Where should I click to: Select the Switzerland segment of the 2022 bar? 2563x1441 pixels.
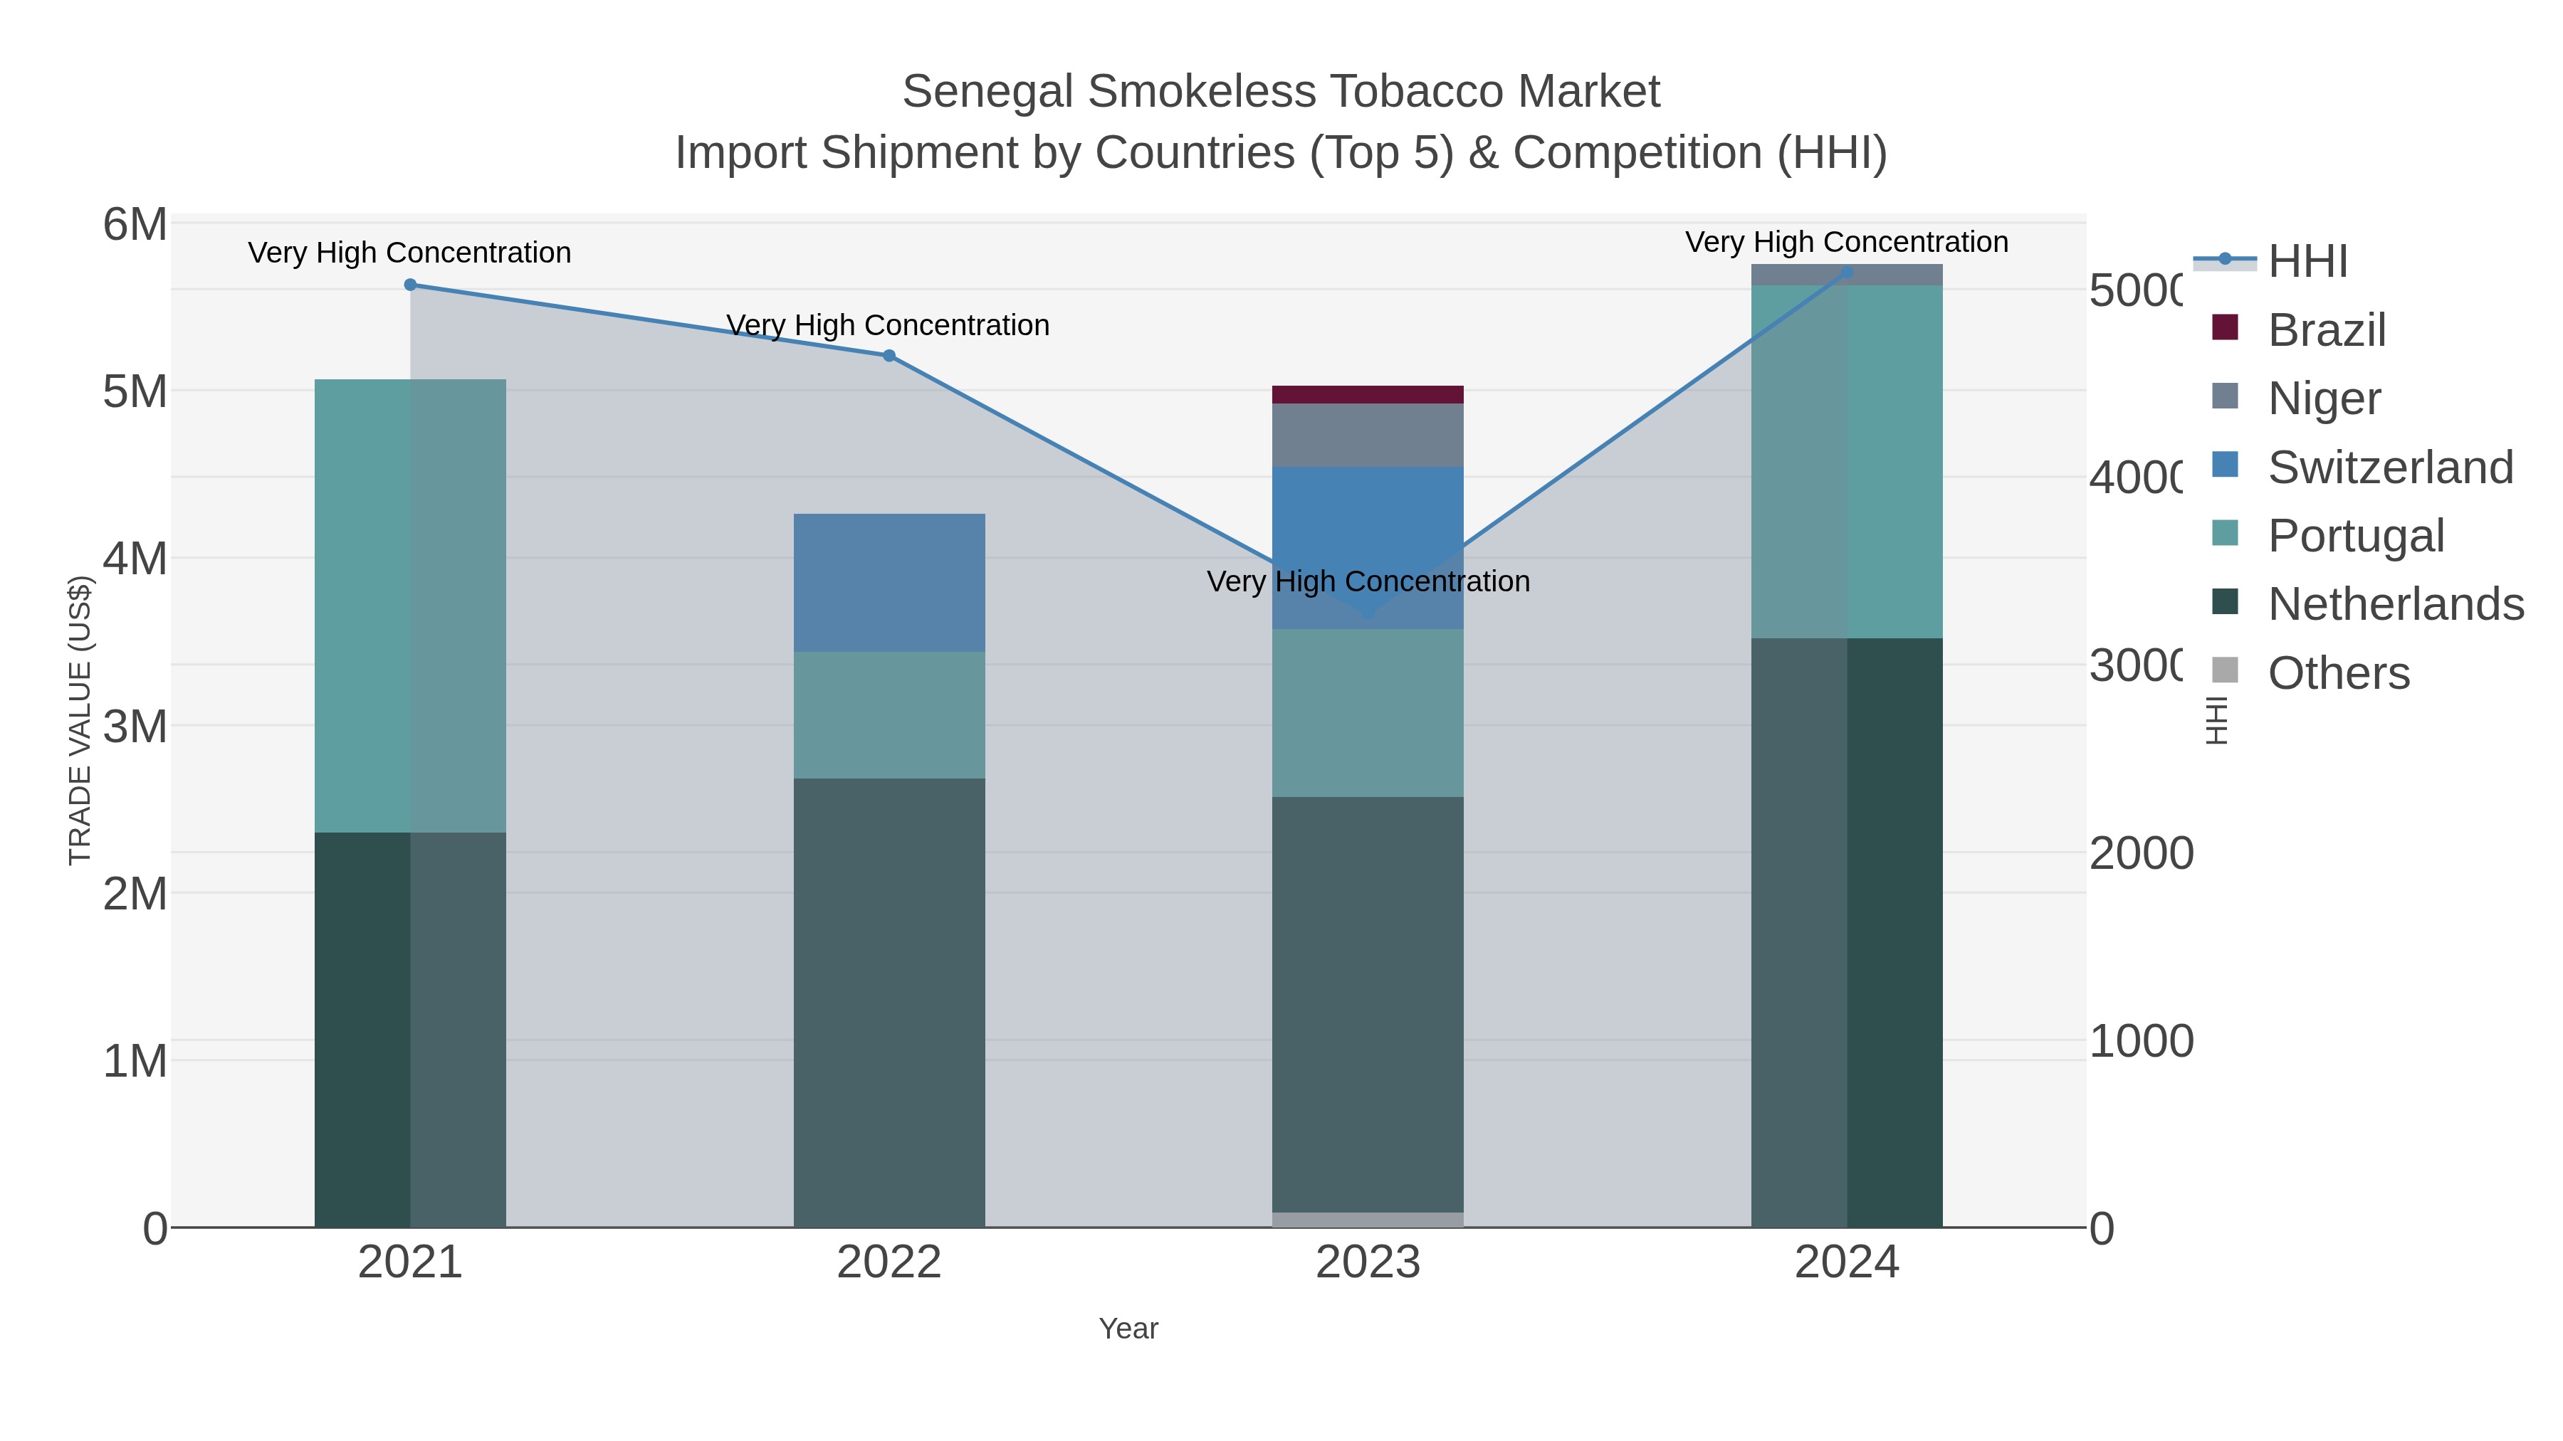click(889, 583)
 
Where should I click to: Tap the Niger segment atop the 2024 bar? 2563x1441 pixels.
click(1847, 275)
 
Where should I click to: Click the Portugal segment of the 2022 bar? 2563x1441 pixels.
click(889, 715)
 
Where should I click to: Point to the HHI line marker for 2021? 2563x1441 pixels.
click(410, 285)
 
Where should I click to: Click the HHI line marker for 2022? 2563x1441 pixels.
click(889, 356)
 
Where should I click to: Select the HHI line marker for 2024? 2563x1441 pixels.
click(1847, 272)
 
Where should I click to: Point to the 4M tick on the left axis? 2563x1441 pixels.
click(135, 559)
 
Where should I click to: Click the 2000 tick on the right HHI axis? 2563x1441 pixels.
click(2140, 853)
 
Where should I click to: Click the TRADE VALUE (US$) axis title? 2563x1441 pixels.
click(80, 720)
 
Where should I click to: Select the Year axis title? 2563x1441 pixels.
click(1128, 1329)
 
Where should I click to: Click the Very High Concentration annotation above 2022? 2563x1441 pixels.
click(888, 325)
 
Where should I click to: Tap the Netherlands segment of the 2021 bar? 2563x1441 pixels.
click(410, 1029)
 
